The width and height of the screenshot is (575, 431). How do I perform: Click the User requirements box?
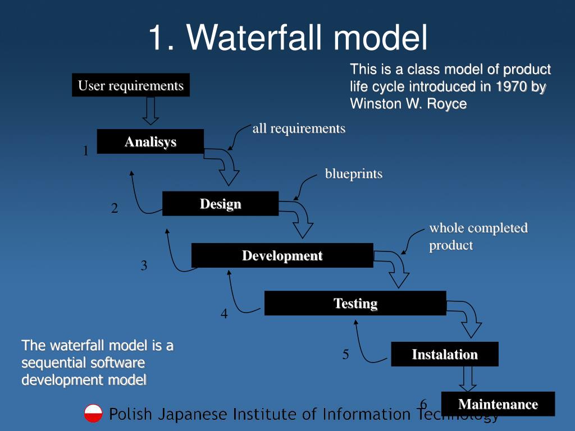click(130, 85)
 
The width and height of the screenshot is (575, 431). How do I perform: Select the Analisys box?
click(150, 141)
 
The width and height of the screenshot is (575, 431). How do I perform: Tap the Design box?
click(220, 204)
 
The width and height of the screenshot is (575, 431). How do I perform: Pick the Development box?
click(282, 255)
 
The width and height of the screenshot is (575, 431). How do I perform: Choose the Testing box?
click(355, 303)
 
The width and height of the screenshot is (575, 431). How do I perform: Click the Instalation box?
click(444, 354)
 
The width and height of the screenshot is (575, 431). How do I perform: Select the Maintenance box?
click(498, 404)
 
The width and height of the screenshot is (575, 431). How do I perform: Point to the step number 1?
click(86, 151)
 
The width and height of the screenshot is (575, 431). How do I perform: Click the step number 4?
click(224, 314)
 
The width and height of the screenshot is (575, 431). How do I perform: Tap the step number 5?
click(346, 354)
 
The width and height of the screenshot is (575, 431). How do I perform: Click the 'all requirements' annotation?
click(299, 129)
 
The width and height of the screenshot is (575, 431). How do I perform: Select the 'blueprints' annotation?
click(354, 174)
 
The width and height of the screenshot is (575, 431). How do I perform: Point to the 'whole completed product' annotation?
click(478, 236)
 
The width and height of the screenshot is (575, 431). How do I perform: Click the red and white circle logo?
click(93, 414)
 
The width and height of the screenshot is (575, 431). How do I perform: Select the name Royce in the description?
click(446, 104)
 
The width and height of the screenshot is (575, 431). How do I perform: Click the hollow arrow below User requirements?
click(150, 111)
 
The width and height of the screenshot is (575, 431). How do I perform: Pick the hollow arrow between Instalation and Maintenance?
click(468, 379)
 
